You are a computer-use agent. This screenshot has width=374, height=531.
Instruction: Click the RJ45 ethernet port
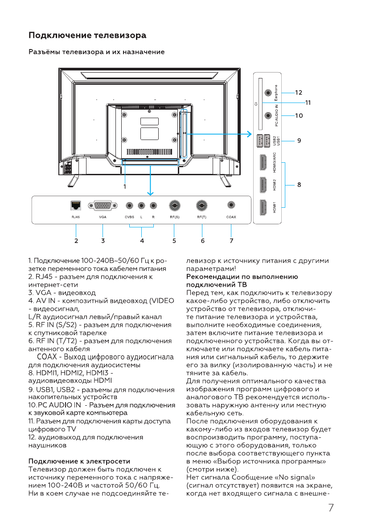(x=75, y=206)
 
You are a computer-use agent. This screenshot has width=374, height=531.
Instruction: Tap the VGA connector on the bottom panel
(x=103, y=206)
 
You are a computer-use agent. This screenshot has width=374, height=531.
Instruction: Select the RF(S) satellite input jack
(x=175, y=206)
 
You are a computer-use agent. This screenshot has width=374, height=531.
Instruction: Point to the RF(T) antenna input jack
(x=203, y=206)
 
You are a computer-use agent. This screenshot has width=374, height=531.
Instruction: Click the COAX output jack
(x=231, y=205)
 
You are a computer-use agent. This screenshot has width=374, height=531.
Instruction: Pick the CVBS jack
(x=129, y=206)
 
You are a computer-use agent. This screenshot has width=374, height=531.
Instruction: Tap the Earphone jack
(x=268, y=93)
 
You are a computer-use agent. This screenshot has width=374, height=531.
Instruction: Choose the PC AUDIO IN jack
(x=268, y=115)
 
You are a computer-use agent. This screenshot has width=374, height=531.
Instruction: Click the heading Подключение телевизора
(x=87, y=35)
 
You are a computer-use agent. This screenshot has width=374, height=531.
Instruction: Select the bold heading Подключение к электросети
(x=79, y=461)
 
